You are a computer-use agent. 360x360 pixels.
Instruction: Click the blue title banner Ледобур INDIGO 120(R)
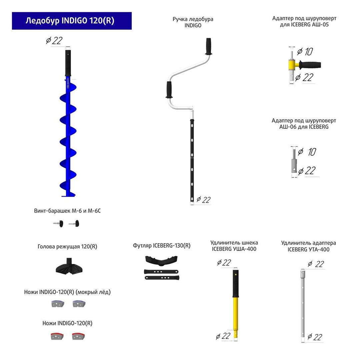pyautogui.click(x=72, y=21)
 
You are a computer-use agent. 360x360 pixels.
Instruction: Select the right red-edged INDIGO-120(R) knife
pyautogui.click(x=78, y=336)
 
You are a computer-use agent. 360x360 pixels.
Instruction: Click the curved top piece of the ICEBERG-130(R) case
pyautogui.click(x=162, y=260)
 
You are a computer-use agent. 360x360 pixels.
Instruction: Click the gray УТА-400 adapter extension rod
pyautogui.click(x=303, y=307)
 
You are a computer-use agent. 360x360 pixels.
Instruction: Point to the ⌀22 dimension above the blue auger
pyautogui.click(x=54, y=41)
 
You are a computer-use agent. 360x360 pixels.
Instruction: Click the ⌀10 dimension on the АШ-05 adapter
pyautogui.click(x=305, y=52)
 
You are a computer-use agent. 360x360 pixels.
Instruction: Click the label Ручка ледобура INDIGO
pyautogui.click(x=193, y=22)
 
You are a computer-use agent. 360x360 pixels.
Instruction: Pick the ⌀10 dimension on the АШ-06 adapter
pyautogui.click(x=306, y=152)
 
